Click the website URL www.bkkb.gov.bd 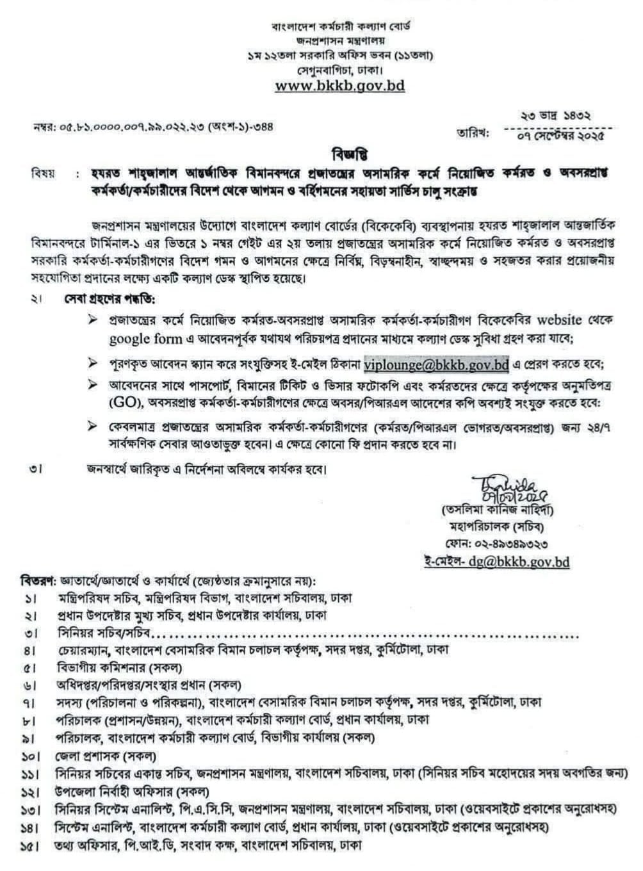click(x=340, y=85)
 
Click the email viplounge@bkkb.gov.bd click(x=436, y=365)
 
